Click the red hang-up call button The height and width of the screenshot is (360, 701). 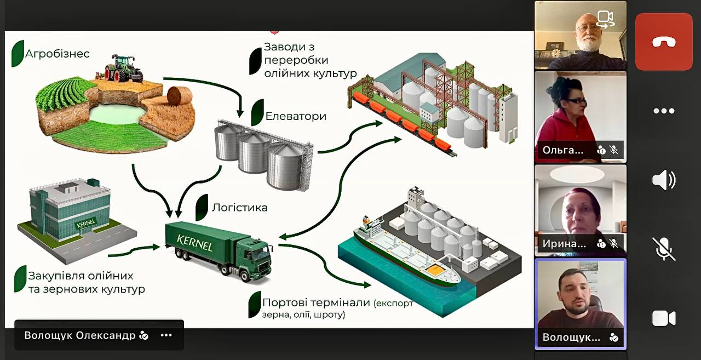[x=664, y=42]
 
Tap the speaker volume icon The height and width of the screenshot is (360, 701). [x=664, y=180]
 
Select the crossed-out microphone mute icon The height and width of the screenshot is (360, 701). [x=664, y=249]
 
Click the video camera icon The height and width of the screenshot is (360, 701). [x=664, y=318]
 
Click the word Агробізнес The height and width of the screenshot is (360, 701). [x=57, y=54]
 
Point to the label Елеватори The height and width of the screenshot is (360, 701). [x=296, y=116]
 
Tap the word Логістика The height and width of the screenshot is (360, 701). [x=239, y=208]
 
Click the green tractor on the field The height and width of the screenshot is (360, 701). [x=122, y=68]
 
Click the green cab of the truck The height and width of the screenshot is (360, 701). [x=257, y=256]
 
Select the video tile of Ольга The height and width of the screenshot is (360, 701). [x=580, y=116]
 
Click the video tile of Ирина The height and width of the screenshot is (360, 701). [x=580, y=210]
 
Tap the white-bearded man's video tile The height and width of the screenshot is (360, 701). [x=580, y=35]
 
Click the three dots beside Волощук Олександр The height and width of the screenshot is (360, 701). [x=166, y=335]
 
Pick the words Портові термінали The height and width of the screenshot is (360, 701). [x=317, y=303]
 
